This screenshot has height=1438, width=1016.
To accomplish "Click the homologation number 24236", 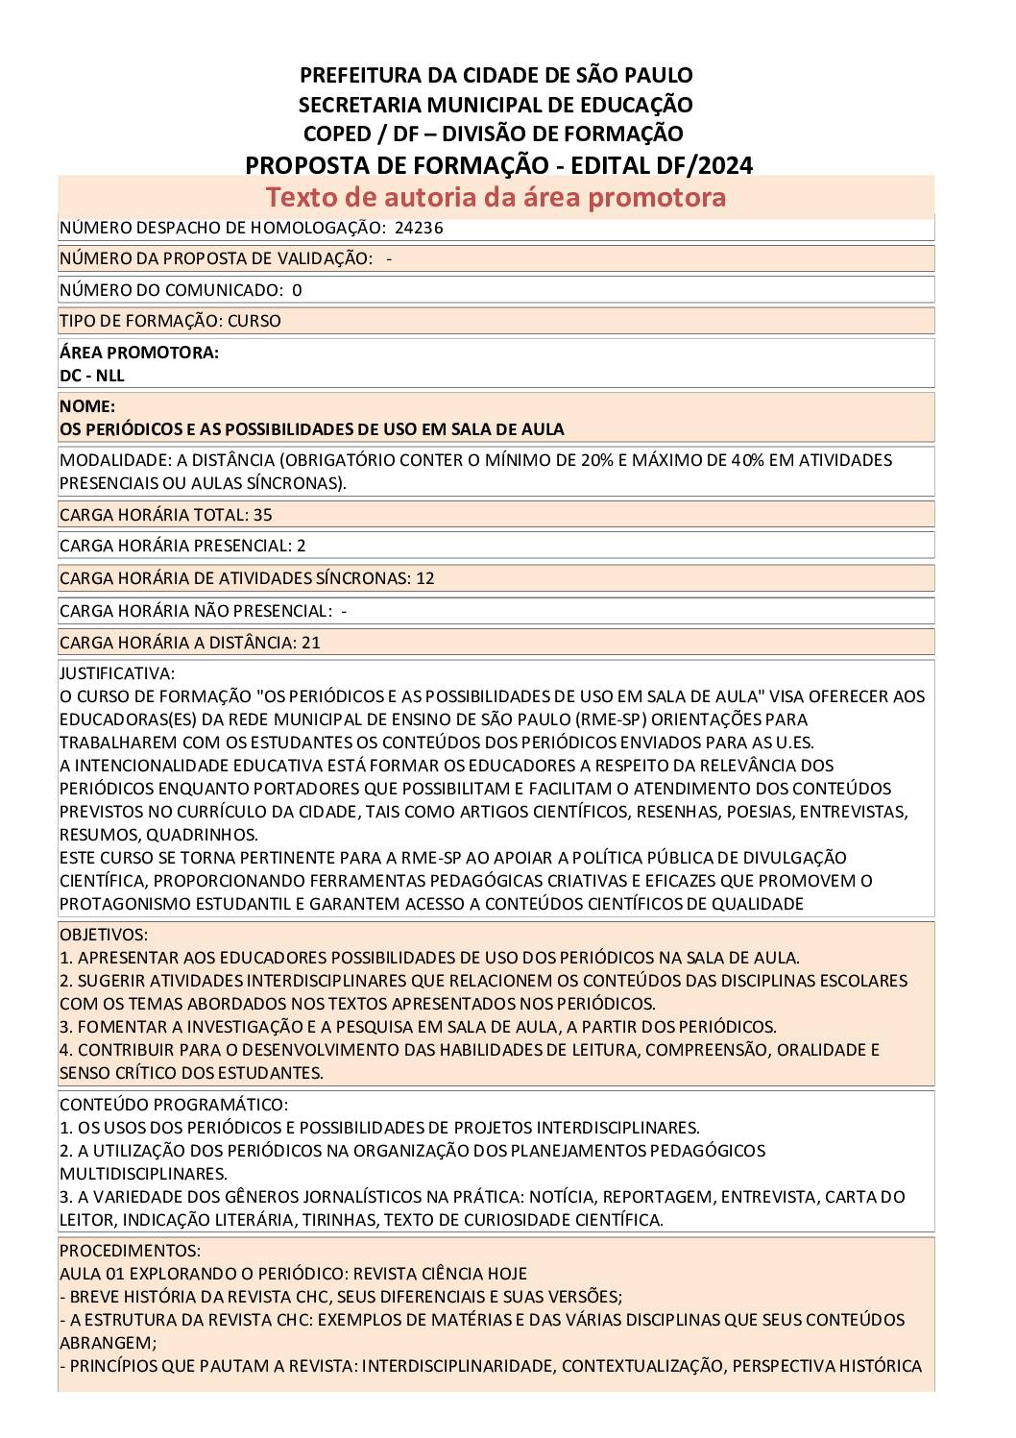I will pyautogui.click(x=419, y=228).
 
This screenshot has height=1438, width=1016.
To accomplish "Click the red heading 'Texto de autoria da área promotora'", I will pyautogui.click(x=496, y=197).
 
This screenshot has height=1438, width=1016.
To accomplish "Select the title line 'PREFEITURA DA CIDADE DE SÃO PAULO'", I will pyautogui.click(x=496, y=75).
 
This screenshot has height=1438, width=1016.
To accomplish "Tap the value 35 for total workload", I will pyautogui.click(x=262, y=515).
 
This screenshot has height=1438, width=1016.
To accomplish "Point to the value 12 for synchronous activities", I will pyautogui.click(x=425, y=578).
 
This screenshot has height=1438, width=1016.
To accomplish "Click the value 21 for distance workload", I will pyautogui.click(x=311, y=643).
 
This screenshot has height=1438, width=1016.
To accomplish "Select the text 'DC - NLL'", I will pyautogui.click(x=92, y=376).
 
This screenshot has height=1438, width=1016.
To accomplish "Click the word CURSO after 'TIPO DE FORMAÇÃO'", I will pyautogui.click(x=254, y=321).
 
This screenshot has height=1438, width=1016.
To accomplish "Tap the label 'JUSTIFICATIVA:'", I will pyautogui.click(x=117, y=673).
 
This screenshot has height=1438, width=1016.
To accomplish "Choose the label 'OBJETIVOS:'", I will pyautogui.click(x=104, y=935).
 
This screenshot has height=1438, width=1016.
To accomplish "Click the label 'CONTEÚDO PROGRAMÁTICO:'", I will pyautogui.click(x=174, y=1105).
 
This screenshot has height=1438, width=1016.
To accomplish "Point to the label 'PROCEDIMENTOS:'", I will pyautogui.click(x=130, y=1251).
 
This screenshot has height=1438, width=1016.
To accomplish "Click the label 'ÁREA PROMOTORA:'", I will pyautogui.click(x=139, y=353).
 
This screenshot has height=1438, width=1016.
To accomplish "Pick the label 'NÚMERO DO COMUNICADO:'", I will pyautogui.click(x=170, y=290).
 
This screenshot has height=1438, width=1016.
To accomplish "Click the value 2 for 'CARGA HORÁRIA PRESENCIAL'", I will pyautogui.click(x=302, y=546).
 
